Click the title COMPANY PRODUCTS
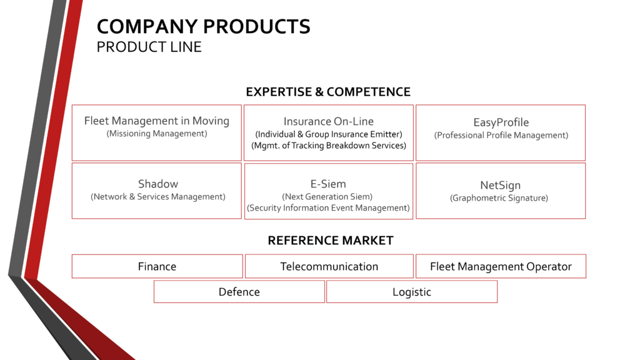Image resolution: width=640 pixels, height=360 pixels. coord(203,27)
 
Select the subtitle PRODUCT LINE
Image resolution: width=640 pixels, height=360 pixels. coord(149,47)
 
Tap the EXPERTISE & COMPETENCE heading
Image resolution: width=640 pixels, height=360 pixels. coord(328,92)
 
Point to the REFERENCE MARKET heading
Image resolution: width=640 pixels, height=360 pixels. coord(331,241)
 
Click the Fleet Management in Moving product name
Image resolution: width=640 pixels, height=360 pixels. coord(156,121)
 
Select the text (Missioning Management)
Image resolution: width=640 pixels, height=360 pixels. coord(156,133)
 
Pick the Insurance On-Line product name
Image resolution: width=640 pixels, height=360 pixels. coord(328,122)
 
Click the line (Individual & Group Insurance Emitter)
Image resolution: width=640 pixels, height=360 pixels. coord(328,134)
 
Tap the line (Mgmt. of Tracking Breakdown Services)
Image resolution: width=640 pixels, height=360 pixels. coord(328,146)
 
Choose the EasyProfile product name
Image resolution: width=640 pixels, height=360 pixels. coord(501,122)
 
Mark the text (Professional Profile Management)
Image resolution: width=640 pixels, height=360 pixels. coord(501,135)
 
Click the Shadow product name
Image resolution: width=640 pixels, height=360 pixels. coord(157,184)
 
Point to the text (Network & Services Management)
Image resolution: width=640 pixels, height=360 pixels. coord(157,196)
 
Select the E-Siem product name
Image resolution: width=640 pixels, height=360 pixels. coord(328,184)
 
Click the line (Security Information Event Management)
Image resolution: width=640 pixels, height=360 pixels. coord(328,208)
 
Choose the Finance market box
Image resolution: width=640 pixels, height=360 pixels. coord(157,266)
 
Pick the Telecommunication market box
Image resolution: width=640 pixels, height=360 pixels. coord(329,266)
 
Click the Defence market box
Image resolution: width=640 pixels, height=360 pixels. coord(239,292)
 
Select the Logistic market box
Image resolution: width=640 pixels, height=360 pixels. coord(411,292)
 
